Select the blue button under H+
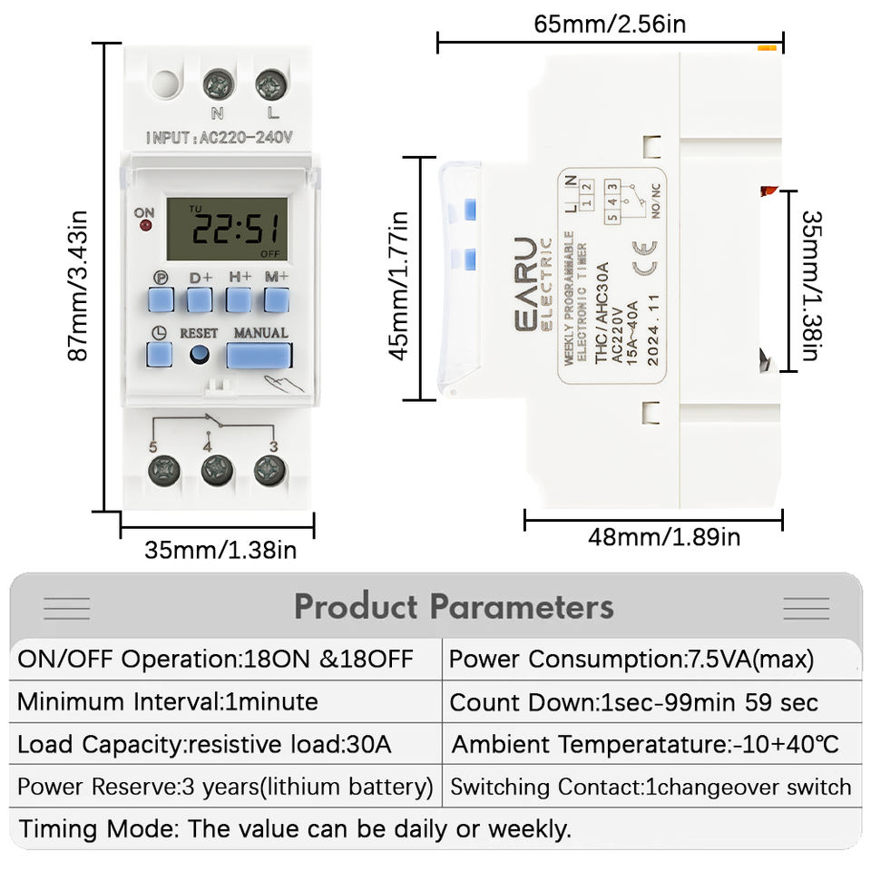pos(239,299)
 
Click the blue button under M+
pos(277,299)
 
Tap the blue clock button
pos(160,353)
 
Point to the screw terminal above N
pos(217,86)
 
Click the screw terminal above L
pos(270,86)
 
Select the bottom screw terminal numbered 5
pos(164,471)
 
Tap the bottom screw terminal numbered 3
pos(269,470)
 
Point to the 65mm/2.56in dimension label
pos(610,23)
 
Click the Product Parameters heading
pos(453,606)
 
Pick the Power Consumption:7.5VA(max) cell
pos(631,659)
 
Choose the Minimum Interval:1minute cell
pos(168,701)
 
